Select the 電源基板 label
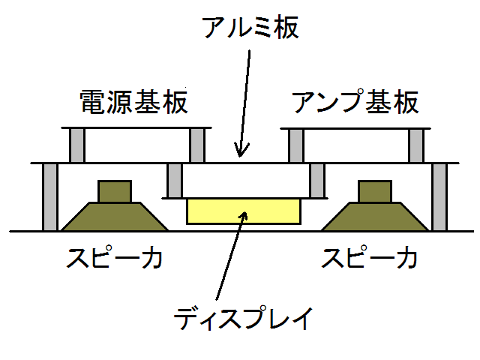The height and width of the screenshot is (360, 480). [x=133, y=102]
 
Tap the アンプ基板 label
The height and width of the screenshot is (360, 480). [x=355, y=102]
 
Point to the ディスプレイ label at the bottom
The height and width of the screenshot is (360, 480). [x=244, y=318]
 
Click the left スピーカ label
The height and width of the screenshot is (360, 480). [x=114, y=258]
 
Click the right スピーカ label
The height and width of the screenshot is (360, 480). [x=369, y=258]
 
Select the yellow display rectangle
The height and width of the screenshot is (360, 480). [x=244, y=211]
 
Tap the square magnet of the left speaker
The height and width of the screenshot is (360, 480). [x=115, y=191]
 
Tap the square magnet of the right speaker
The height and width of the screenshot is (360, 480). [x=375, y=191]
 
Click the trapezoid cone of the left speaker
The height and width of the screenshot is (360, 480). [x=115, y=217]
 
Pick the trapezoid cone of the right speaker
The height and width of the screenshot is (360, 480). [x=375, y=217]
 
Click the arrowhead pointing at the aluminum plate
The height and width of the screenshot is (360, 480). [x=241, y=150]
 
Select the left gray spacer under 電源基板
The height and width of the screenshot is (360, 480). [x=76, y=145]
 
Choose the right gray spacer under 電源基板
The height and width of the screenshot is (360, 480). [x=197, y=145]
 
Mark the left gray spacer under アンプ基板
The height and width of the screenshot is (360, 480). [x=296, y=146]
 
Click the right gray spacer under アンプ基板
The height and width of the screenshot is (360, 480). [x=416, y=146]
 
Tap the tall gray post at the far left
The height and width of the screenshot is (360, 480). [x=50, y=197]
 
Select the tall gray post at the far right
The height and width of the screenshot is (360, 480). [x=439, y=197]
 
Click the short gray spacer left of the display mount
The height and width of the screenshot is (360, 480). [x=175, y=181]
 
